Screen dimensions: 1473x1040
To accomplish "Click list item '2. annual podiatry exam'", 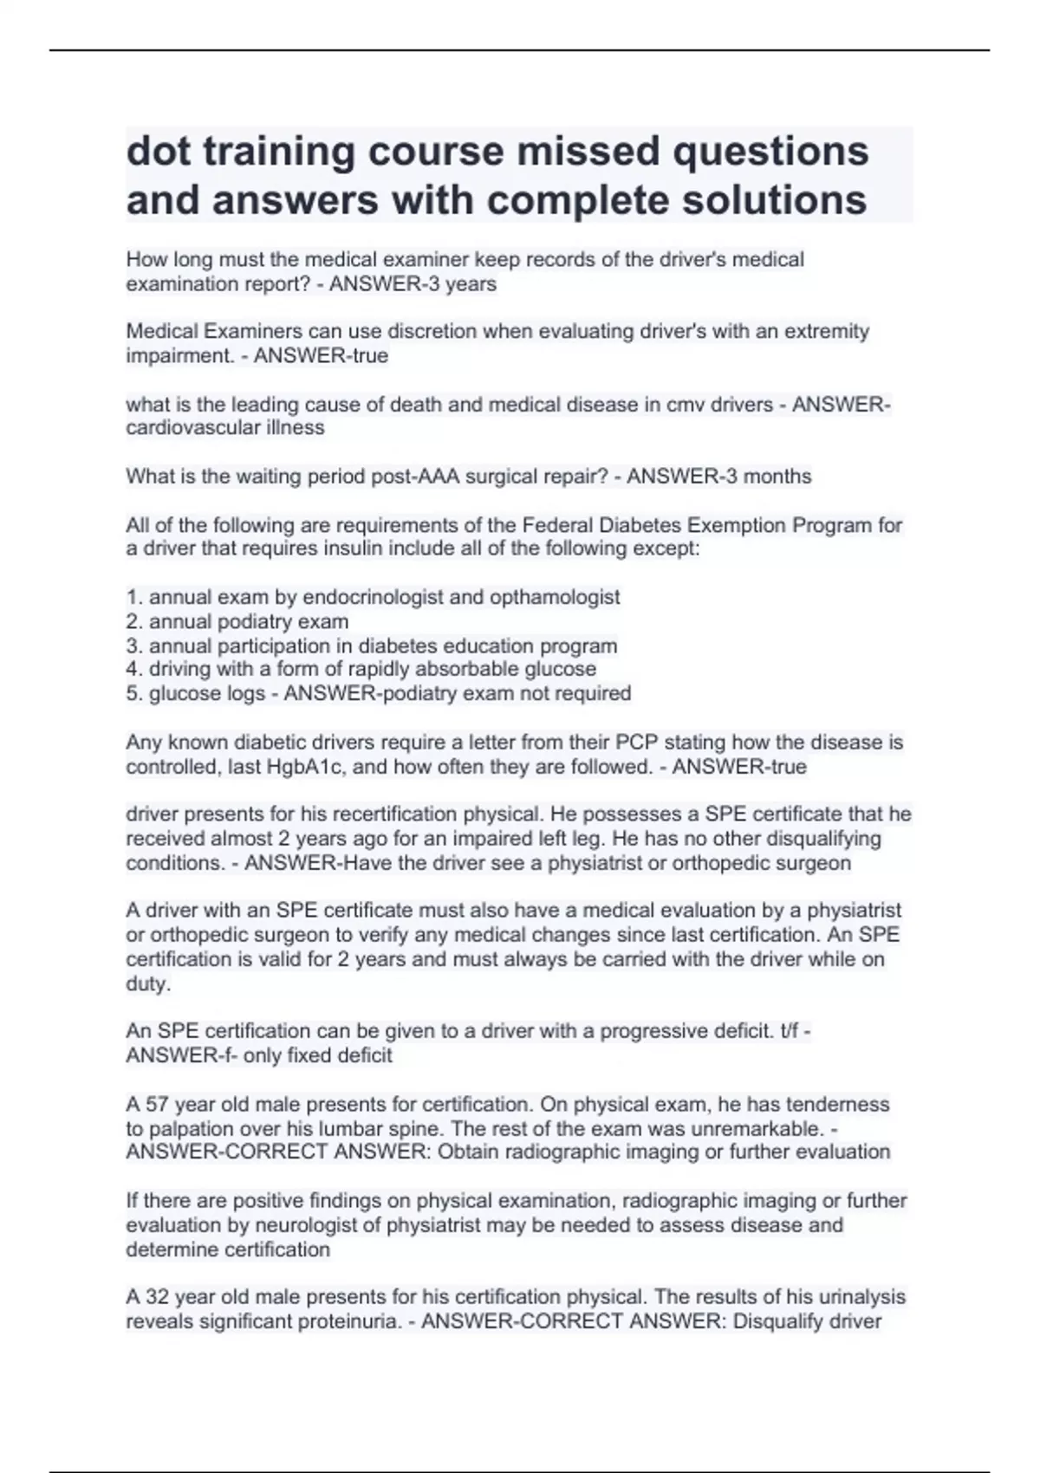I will [x=237, y=621].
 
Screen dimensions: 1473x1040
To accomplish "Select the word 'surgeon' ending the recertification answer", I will [x=817, y=863].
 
